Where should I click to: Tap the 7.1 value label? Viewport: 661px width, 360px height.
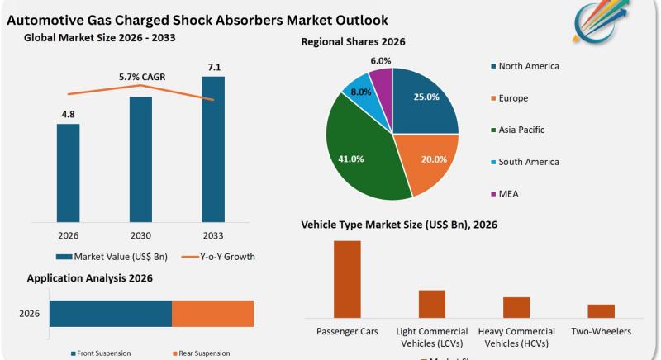212,66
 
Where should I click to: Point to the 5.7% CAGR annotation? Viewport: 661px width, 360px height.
142,78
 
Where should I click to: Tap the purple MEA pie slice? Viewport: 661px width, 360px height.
382,83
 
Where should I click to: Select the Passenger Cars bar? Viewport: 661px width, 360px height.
347,279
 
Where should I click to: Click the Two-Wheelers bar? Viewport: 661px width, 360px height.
601,310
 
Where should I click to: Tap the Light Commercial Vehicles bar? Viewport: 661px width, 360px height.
431,304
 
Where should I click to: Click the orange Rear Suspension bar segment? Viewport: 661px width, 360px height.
212,314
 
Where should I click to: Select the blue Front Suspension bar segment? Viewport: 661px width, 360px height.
110,314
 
